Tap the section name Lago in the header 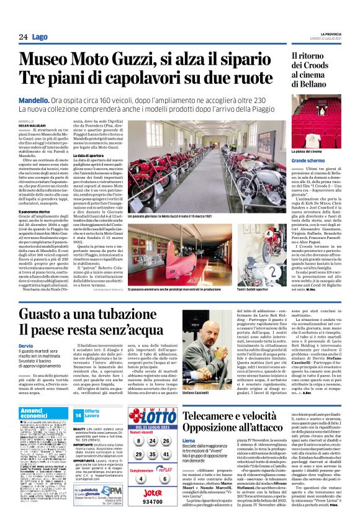point(40,37)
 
